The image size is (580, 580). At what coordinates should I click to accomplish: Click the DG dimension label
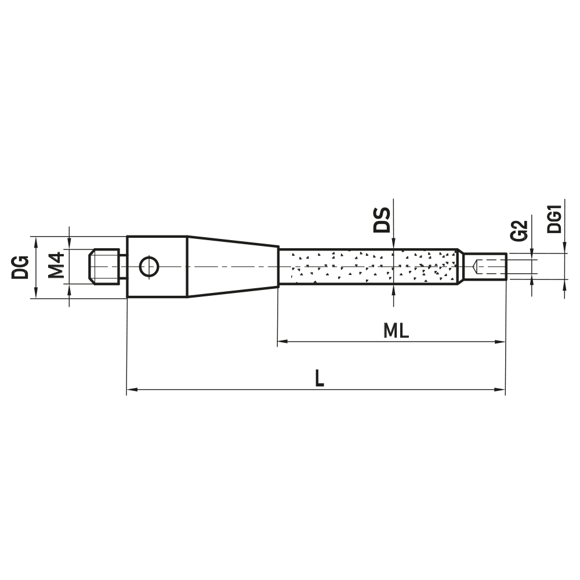[21, 267]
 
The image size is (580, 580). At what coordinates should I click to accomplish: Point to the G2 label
[521, 230]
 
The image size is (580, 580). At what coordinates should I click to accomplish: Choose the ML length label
[396, 331]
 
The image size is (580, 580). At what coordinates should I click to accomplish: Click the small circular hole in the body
[149, 267]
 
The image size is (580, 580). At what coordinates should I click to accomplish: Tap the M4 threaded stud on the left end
[104, 267]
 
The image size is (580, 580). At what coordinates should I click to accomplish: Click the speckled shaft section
[368, 267]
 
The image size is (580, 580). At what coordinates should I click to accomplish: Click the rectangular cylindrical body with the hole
[157, 267]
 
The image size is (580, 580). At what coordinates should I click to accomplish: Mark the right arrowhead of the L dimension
[501, 390]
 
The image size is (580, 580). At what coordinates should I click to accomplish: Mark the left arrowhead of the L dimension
[132, 390]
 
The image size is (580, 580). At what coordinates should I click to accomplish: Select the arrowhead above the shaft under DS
[393, 245]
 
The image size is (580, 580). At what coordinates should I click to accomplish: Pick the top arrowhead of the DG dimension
[36, 241]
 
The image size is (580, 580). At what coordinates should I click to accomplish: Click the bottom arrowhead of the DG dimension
[36, 293]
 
